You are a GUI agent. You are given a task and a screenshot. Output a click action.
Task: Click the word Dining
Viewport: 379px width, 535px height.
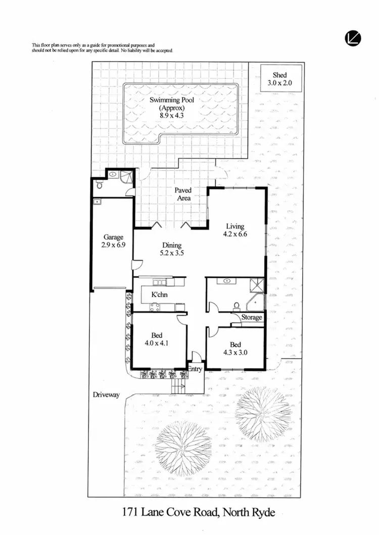pos(172,246)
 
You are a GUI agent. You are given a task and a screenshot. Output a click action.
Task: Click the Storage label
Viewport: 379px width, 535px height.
pos(252,318)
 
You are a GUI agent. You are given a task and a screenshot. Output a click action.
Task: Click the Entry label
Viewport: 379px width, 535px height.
pos(195,369)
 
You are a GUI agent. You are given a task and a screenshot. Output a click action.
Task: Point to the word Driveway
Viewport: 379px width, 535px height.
pos(106,395)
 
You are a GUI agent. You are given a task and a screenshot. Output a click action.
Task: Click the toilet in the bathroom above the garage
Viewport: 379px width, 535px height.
pos(100,185)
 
